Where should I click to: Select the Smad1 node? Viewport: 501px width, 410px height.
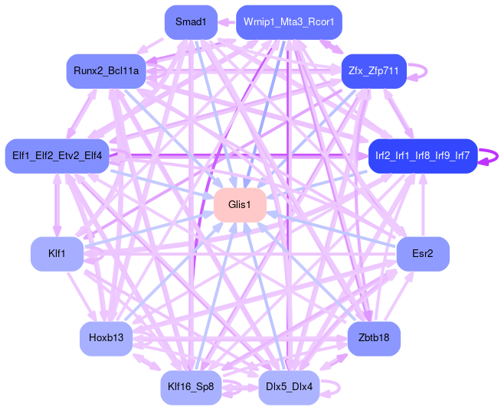(x=191, y=22)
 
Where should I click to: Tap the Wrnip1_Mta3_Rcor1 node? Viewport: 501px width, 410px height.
(x=289, y=22)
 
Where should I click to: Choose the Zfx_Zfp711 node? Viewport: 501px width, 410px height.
(x=373, y=71)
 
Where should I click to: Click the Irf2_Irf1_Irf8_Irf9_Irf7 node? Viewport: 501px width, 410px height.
(x=422, y=156)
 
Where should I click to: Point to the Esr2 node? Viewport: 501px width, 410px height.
(x=422, y=254)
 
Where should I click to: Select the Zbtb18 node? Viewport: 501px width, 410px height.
(x=373, y=338)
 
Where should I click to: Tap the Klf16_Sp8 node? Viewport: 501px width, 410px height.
(x=191, y=387)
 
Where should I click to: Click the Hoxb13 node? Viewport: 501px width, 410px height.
(x=106, y=338)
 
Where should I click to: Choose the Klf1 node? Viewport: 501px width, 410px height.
(x=57, y=254)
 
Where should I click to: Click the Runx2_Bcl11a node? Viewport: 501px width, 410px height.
(x=106, y=71)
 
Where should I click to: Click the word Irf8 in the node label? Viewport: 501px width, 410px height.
(x=423, y=156)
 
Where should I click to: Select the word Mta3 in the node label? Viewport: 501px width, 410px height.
(x=290, y=22)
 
